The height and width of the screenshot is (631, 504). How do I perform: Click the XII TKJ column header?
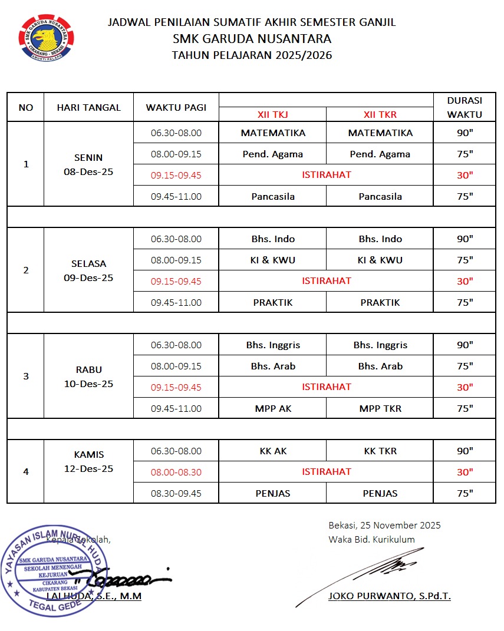point(272,114)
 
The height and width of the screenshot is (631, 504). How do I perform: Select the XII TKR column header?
point(380,114)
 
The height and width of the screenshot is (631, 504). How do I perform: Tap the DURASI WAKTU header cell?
point(465,107)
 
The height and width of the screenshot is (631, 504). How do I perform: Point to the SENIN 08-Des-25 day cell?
point(88,165)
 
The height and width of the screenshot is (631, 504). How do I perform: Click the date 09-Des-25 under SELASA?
point(88,277)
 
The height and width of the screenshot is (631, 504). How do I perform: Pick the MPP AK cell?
point(273,408)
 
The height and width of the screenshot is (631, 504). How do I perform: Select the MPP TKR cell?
point(380,408)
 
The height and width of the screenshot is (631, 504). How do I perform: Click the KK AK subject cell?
point(273,451)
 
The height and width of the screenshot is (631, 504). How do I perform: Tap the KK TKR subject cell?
point(380,451)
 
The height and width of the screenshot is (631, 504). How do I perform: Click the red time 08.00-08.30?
point(176,472)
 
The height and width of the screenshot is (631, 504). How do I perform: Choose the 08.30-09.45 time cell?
point(176,493)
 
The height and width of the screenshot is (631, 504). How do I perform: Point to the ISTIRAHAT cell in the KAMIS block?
point(327,471)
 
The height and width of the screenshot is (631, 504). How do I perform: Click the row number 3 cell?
point(26,376)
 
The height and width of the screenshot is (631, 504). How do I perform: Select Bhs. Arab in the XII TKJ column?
point(273,366)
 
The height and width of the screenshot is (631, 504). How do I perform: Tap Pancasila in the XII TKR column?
point(380,196)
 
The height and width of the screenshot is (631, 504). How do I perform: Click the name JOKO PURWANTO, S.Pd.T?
point(390,596)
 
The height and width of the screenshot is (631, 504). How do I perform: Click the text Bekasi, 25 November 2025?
point(384,525)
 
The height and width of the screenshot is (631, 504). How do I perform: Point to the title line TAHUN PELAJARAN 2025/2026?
point(252,56)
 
